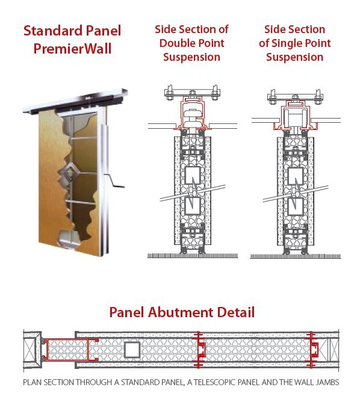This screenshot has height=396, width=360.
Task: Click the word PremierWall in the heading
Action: pos(72,48)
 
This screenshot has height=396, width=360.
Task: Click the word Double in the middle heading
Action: pos(176,43)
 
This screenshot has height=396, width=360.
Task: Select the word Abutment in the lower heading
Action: pos(181,312)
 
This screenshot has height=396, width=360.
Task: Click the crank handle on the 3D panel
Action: pos(114,182)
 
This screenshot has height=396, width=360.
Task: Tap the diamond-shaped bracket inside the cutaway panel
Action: pos(69,172)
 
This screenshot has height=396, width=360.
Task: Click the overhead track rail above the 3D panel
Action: pos(75,101)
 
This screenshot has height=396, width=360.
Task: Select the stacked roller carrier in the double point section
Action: pos(193,118)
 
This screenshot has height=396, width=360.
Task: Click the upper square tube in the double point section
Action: pos(193,175)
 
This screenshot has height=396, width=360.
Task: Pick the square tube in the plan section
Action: pos(132,350)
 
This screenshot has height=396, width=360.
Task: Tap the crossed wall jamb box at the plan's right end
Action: pos(334,350)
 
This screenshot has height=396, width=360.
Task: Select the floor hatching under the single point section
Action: pos(296,256)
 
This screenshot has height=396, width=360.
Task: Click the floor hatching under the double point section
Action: pos(193,256)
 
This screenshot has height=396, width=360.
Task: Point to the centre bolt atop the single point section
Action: pos(296,98)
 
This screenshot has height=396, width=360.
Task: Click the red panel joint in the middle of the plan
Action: pos(199,350)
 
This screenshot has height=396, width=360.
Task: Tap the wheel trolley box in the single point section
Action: pos(296,117)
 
